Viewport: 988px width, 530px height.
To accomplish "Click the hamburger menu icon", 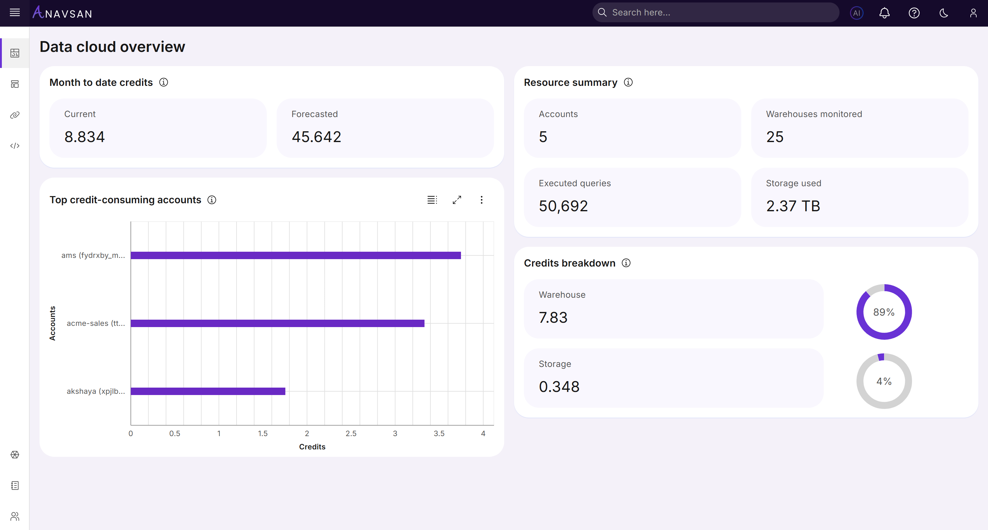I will (x=15, y=13).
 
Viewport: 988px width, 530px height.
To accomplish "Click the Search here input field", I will (x=717, y=13).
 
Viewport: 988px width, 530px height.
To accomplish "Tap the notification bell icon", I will (x=885, y=13).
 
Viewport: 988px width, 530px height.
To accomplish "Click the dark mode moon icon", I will (x=944, y=13).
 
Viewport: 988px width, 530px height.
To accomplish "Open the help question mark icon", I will (x=914, y=13).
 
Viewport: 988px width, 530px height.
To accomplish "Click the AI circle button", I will (x=856, y=13).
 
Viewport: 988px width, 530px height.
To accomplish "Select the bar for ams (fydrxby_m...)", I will (x=296, y=255).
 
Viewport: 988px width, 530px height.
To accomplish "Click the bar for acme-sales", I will (x=277, y=323).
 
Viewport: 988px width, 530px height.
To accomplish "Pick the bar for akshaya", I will (x=208, y=391).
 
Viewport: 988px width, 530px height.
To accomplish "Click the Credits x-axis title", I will (x=312, y=447).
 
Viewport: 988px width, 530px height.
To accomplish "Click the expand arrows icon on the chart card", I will (x=457, y=200).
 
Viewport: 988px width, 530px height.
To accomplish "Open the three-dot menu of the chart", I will (x=481, y=200).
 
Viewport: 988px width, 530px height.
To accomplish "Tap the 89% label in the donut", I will (x=884, y=312).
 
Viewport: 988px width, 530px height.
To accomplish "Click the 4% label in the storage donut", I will (x=884, y=381).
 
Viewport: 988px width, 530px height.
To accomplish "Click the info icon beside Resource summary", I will (x=628, y=82).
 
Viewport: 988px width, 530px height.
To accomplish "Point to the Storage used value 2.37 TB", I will (x=793, y=206).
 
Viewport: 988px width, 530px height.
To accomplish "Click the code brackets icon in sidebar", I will (x=15, y=146).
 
